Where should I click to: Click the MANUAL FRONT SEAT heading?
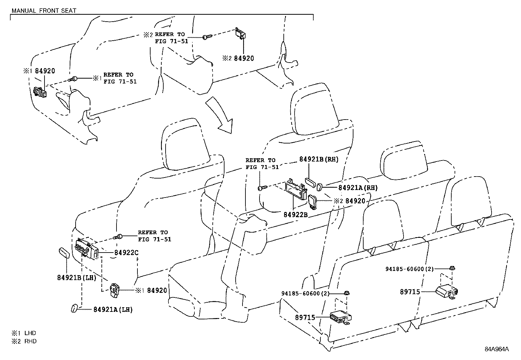point(44,10)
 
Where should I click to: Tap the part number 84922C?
point(126,253)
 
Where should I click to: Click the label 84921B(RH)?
point(318,159)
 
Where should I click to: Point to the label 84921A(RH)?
point(358,188)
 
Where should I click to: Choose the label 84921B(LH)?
point(77,278)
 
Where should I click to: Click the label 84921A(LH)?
point(113,309)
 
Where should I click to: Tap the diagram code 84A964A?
point(497,349)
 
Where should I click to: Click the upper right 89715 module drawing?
point(446,291)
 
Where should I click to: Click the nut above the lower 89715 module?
point(346,293)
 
